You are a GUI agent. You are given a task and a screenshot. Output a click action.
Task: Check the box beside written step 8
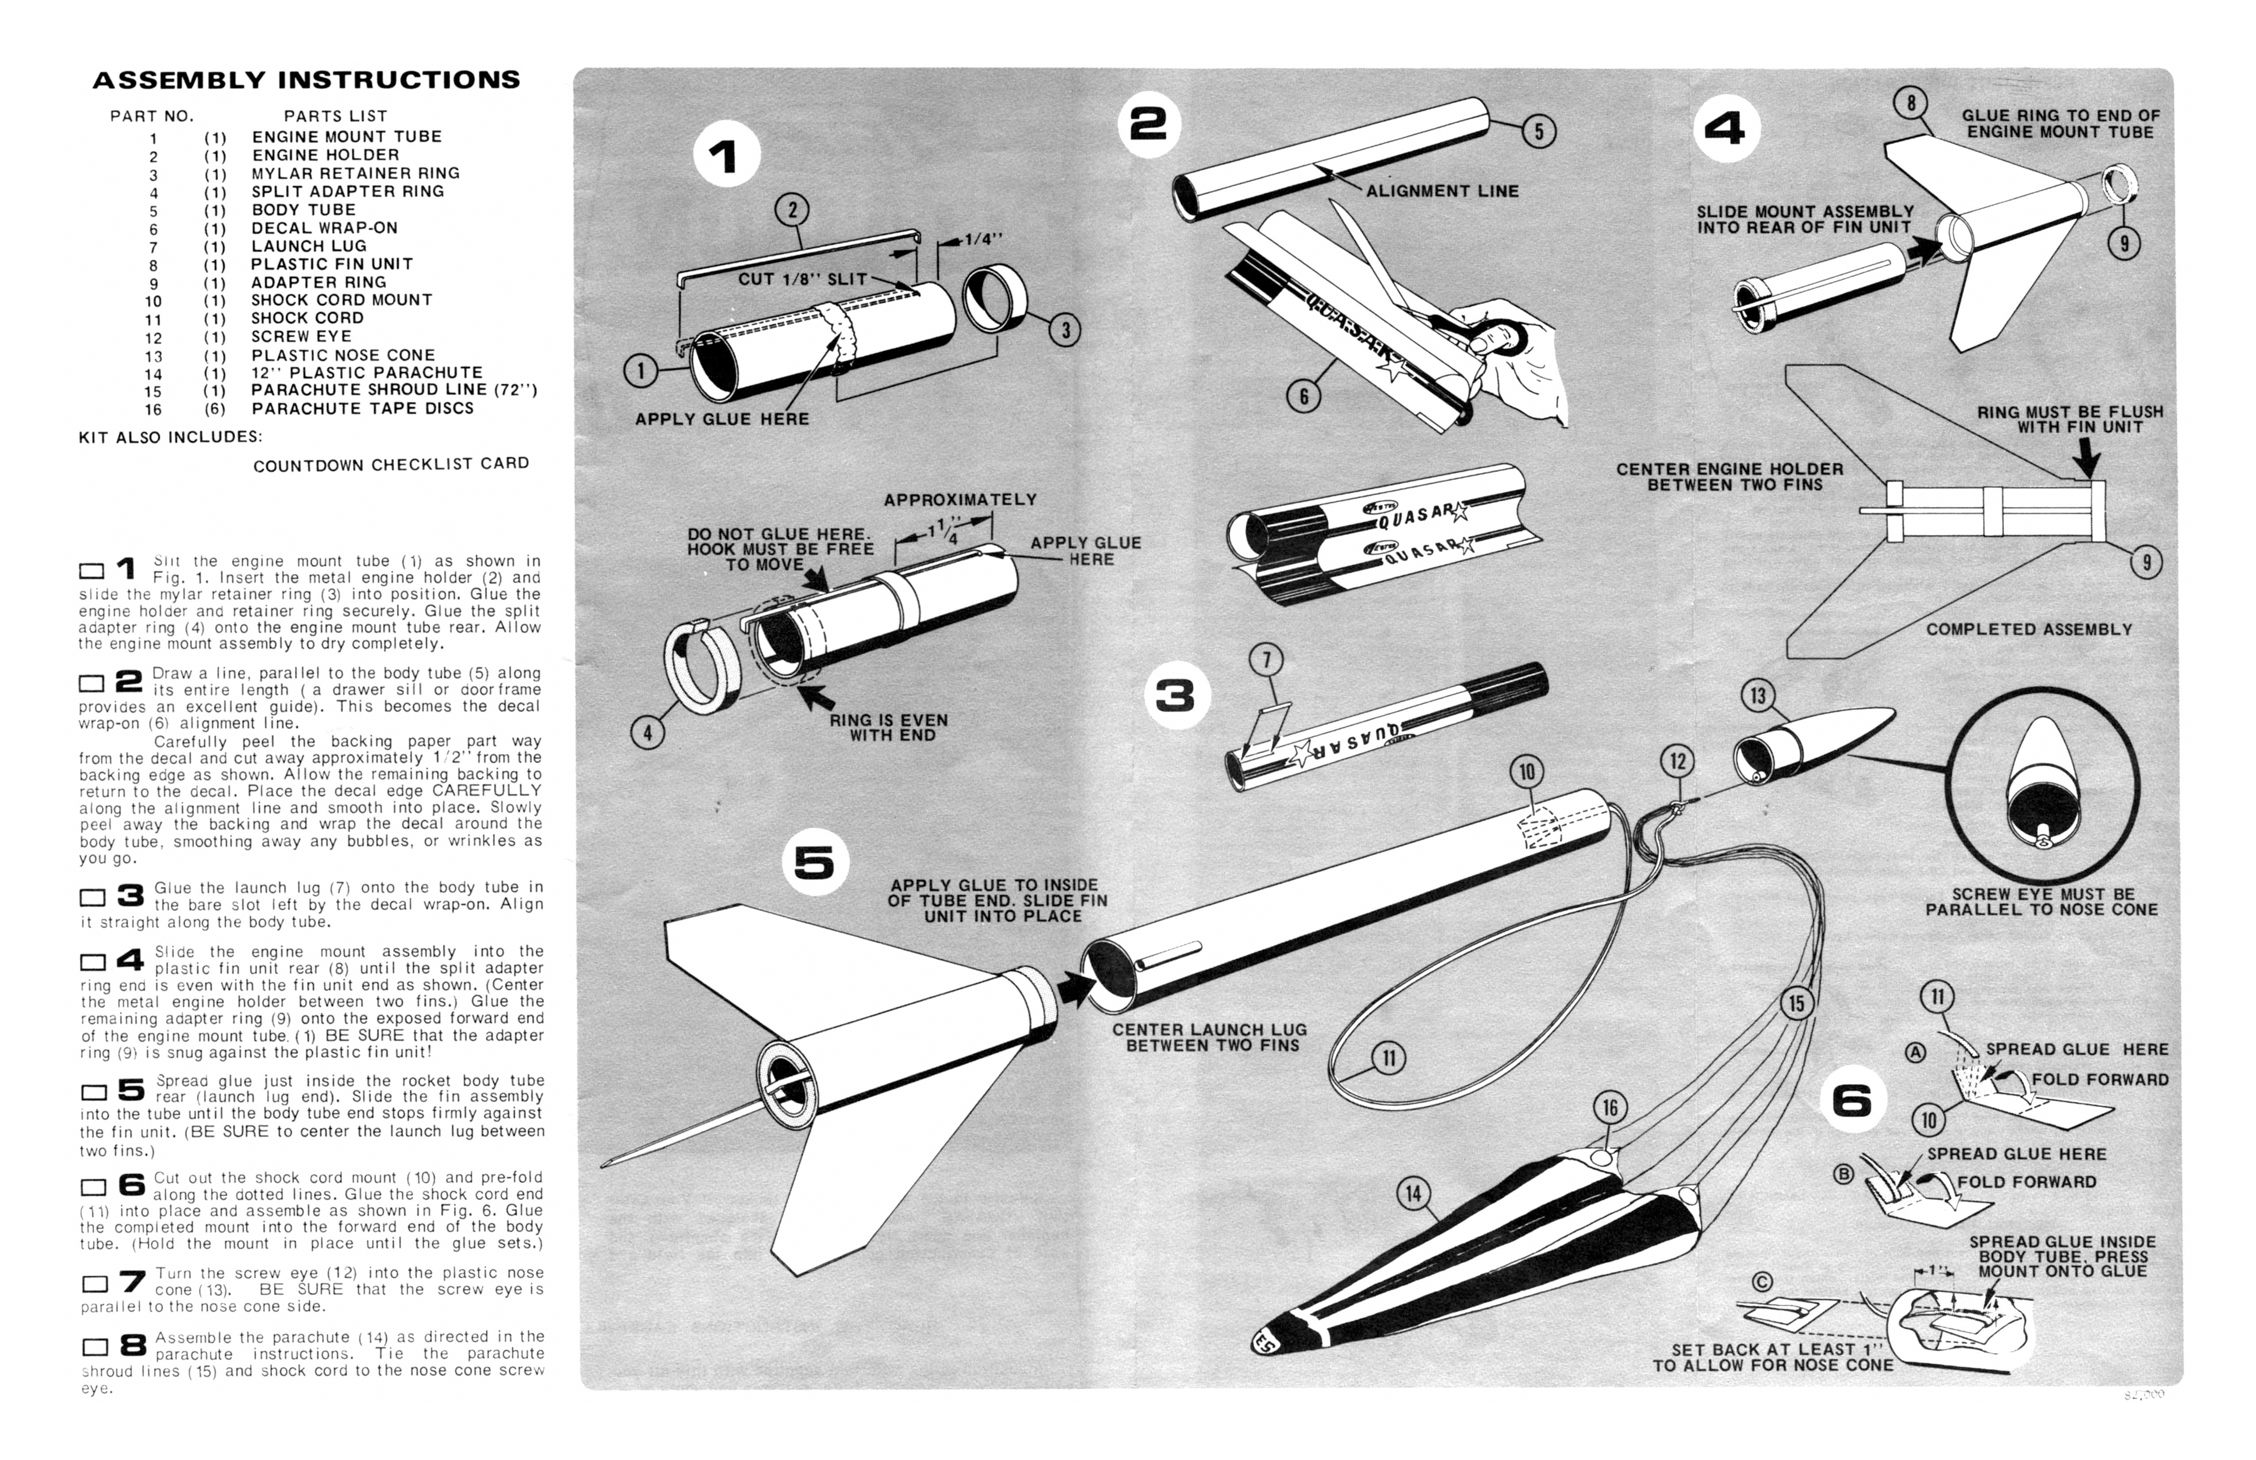pos(95,1347)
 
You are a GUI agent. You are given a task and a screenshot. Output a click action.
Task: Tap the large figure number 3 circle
pos(1175,697)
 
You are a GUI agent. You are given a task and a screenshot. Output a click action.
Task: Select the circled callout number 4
pos(648,732)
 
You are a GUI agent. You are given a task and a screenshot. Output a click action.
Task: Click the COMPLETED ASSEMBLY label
pos(2029,630)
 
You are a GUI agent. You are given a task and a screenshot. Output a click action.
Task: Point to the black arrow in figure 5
pos(1074,989)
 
